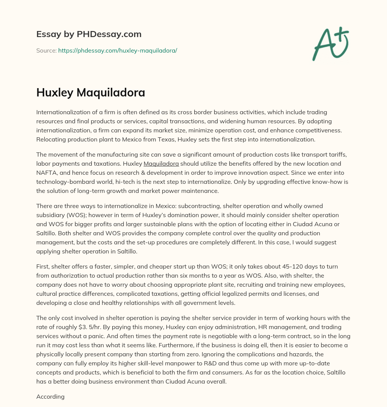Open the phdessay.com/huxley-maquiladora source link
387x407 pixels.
118,50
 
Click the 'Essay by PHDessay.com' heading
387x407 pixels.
89,34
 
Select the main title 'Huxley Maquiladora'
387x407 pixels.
91,93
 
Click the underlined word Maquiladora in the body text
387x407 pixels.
161,164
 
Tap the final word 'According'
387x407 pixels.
50,397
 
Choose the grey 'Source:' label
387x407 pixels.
46,50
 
